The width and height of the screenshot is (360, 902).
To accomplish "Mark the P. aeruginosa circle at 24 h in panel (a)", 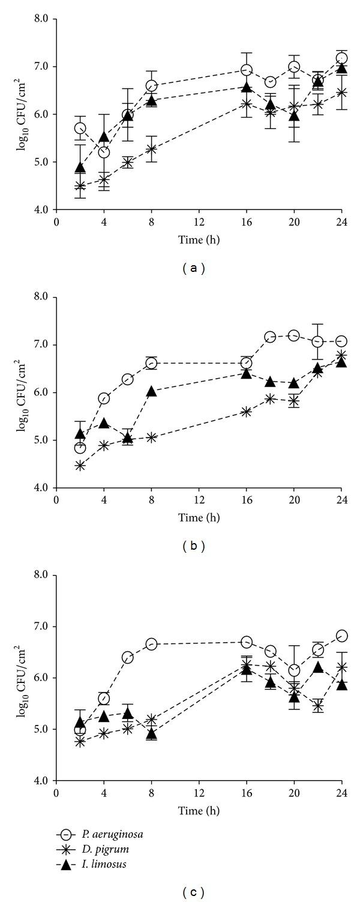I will pyautogui.click(x=341, y=58).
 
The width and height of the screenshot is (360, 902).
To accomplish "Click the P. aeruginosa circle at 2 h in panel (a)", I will pyautogui.click(x=80, y=128).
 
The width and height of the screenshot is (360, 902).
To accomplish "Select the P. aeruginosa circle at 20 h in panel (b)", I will pyautogui.click(x=294, y=335).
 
